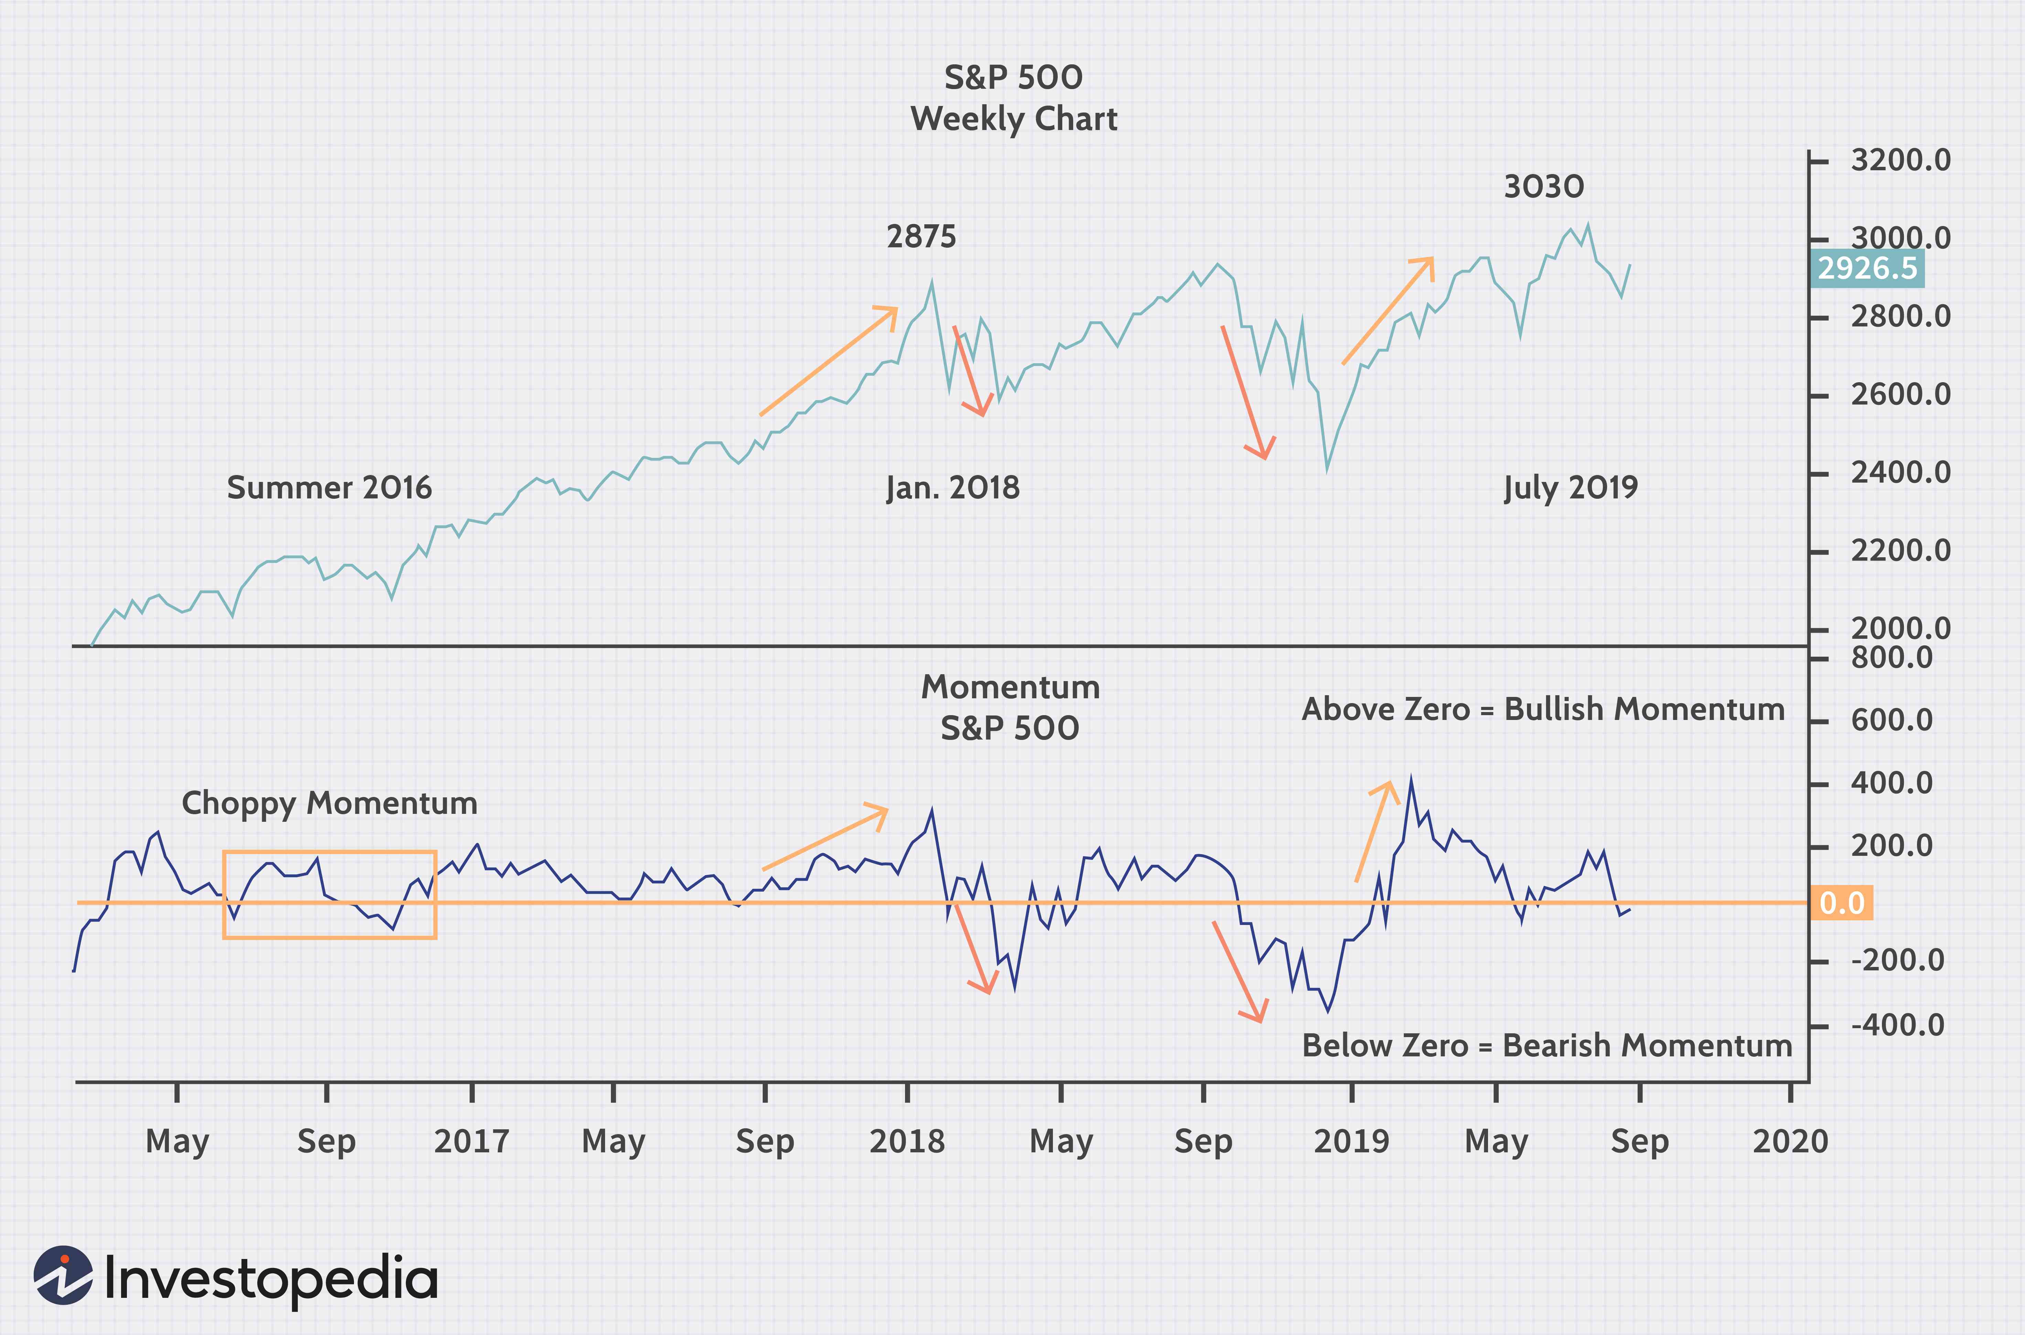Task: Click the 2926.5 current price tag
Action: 1867,268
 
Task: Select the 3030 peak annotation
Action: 1543,186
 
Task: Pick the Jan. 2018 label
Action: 952,488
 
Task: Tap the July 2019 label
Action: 1571,488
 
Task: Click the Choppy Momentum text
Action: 330,803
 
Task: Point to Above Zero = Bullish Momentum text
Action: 1542,709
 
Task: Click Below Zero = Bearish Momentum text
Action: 1547,1045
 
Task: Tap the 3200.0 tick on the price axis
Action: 1900,160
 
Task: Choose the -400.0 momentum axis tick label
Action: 1897,1025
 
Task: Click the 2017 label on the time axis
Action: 472,1141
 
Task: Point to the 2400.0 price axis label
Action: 1900,473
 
